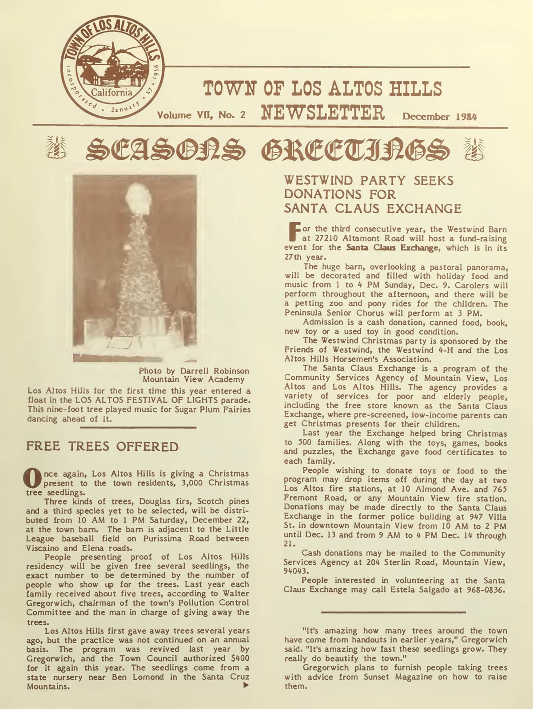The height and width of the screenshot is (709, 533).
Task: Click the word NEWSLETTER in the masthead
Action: point(323,113)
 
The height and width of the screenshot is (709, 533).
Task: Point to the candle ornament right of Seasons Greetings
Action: point(475,149)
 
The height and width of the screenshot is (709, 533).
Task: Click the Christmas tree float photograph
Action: point(135,268)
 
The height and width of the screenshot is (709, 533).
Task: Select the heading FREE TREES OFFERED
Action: point(102,446)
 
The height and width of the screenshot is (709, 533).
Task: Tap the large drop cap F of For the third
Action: point(293,234)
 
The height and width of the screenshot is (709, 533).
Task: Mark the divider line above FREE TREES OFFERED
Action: point(138,427)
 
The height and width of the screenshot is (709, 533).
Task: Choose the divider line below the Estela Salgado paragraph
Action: point(393,612)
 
